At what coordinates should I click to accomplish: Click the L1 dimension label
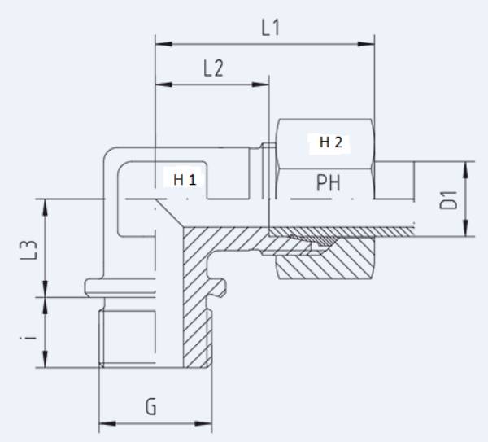coord(270,27)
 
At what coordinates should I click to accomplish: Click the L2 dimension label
coord(212,68)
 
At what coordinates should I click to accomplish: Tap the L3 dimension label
coord(28,249)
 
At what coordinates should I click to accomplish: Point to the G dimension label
coord(151,406)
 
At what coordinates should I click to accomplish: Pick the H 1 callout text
coord(184,179)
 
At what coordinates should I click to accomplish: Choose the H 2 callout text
coord(331,143)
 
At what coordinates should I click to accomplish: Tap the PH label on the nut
coord(328,184)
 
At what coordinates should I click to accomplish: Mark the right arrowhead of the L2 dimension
coord(264,83)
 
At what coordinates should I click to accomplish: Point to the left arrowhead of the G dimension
coord(103,424)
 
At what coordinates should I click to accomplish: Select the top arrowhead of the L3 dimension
coord(47,203)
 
